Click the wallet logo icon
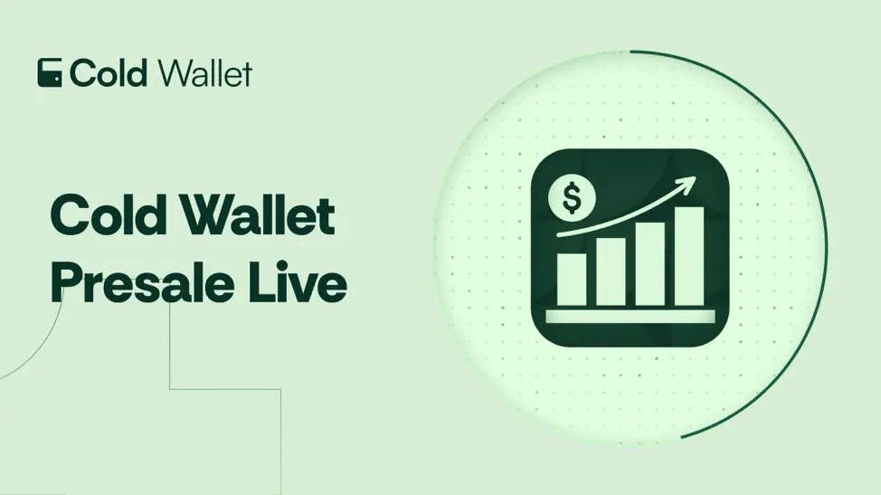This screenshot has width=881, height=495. click(50, 72)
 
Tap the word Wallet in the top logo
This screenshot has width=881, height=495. click(204, 73)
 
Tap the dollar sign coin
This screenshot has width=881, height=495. click(572, 198)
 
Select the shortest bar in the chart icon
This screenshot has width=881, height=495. click(572, 280)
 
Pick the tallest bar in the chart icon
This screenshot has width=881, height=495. click(689, 257)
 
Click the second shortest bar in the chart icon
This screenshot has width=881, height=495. click(611, 272)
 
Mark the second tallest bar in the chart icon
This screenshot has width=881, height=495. click(650, 264)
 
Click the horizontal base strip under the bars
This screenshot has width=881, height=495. click(630, 317)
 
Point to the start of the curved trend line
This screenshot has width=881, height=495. click(558, 235)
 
